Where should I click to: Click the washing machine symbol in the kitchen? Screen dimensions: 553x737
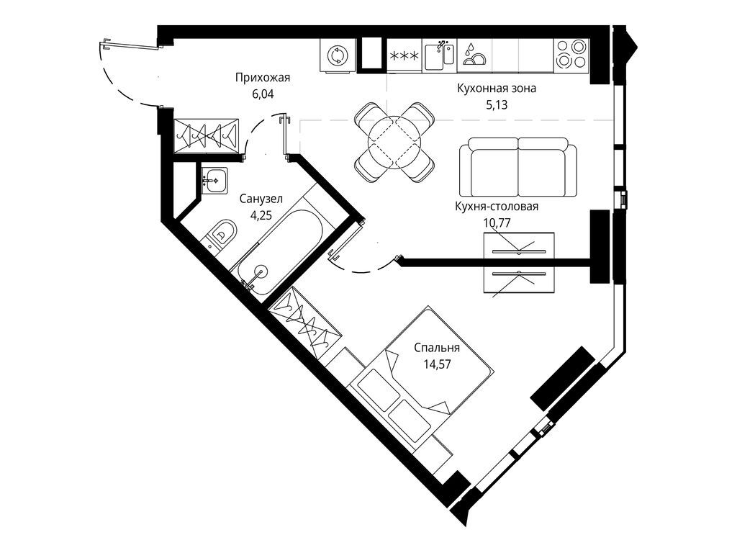337,56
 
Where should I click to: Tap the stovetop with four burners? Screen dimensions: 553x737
571,55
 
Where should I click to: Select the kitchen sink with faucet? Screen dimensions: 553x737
438,55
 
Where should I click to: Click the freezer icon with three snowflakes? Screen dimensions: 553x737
404,55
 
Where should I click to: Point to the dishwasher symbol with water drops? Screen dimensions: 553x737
474,55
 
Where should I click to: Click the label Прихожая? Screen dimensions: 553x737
256,78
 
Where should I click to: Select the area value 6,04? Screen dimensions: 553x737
256,93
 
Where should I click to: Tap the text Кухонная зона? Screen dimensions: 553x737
497,89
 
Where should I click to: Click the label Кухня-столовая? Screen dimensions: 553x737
497,207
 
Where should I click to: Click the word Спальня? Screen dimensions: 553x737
437,348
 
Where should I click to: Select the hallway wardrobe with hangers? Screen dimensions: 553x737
207,134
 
